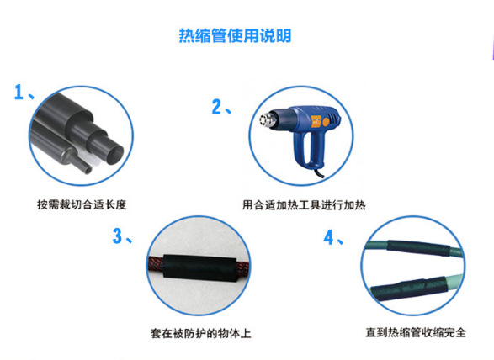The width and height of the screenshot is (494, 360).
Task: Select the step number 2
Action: coord(218,107)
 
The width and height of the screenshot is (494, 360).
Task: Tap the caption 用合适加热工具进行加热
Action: coord(303,204)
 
